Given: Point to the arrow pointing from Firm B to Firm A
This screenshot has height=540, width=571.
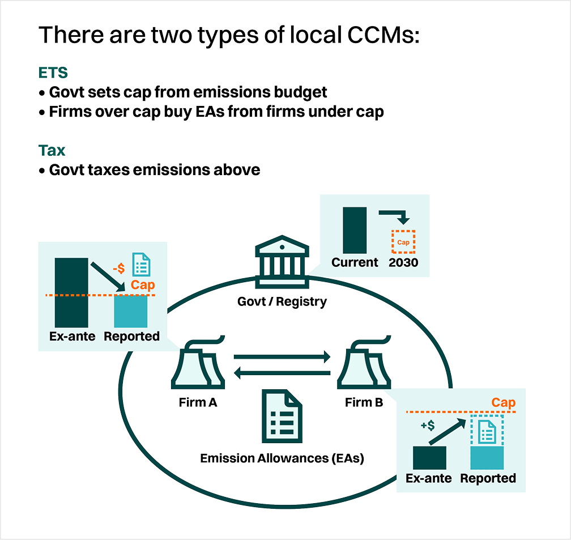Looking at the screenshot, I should coord(282,372).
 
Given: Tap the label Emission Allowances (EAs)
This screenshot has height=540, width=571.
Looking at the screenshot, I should coord(282,458).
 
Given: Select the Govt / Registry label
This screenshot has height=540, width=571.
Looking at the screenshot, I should coord(282,301).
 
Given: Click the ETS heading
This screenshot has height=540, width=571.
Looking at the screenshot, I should coord(53,73).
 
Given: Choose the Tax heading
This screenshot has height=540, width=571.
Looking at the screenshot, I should coord(52,150).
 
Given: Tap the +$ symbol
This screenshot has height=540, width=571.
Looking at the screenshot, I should coord(428,425).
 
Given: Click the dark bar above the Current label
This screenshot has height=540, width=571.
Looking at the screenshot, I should coord(355,230).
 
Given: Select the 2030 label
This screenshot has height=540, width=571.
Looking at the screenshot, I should coord(403,262).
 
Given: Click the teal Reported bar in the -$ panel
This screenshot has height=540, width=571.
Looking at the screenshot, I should coord(130,312).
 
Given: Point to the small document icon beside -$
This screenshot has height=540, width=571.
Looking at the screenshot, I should coord(141,264).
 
